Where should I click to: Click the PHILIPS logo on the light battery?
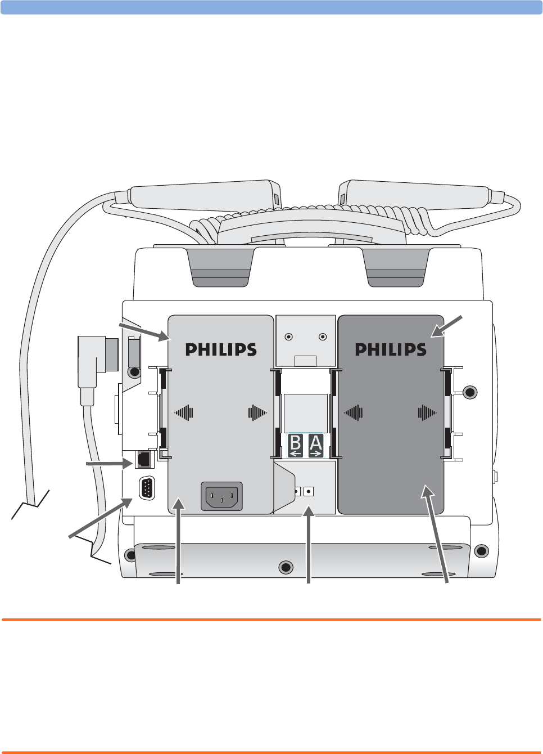[221, 349]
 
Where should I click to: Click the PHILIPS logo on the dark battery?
[391, 349]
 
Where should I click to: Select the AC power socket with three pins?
[221, 496]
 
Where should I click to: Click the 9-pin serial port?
[147, 488]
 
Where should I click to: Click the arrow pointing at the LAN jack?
[110, 464]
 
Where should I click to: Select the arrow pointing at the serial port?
[101, 518]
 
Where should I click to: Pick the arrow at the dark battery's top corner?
[447, 327]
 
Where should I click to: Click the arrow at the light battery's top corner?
[144, 331]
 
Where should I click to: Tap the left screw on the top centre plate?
[288, 336]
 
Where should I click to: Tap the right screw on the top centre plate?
[323, 336]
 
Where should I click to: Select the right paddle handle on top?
[416, 195]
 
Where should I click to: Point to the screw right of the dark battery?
[470, 392]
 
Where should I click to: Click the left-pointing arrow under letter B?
[296, 453]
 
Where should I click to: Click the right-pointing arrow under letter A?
[316, 453]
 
